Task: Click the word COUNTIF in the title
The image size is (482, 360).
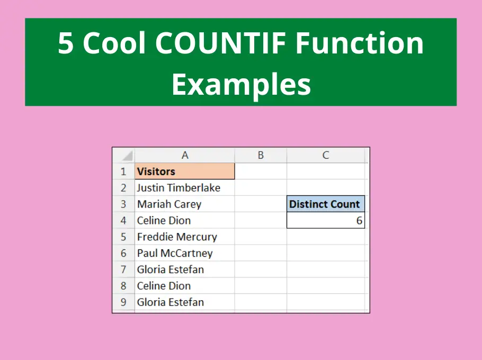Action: (x=221, y=43)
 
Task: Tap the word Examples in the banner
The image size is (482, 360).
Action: (x=242, y=84)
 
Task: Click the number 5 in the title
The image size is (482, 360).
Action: (x=66, y=43)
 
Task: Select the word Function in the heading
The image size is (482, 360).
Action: (x=359, y=43)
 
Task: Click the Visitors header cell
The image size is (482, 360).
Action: (x=185, y=171)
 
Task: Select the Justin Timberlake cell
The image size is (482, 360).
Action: (x=185, y=188)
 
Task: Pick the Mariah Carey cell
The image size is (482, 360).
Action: (x=185, y=204)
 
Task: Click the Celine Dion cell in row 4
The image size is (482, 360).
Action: (x=185, y=220)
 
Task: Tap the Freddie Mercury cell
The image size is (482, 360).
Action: (x=185, y=237)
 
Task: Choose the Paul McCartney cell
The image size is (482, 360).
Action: (x=185, y=253)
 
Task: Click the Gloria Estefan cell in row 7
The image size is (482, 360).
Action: (x=185, y=269)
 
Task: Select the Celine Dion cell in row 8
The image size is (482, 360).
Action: (x=185, y=286)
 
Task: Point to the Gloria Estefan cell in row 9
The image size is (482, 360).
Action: (x=185, y=302)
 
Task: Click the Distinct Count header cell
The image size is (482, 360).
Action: (x=326, y=204)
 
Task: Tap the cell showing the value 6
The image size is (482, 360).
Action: (x=326, y=220)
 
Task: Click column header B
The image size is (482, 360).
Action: (x=261, y=155)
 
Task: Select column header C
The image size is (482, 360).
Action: (x=326, y=155)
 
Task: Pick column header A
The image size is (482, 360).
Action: (x=185, y=155)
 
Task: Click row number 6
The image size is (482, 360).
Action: (x=123, y=253)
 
